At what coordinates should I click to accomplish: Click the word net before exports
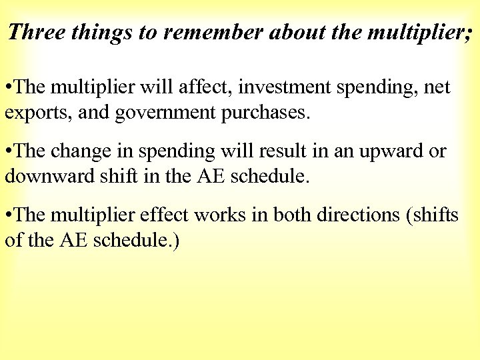(x=437, y=87)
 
